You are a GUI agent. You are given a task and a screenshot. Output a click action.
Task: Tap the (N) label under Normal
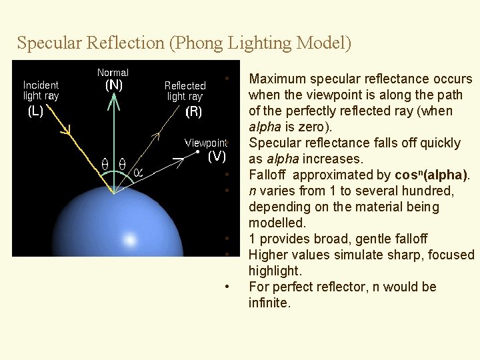[114, 85]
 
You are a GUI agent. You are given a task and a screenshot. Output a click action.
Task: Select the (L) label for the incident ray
[35, 111]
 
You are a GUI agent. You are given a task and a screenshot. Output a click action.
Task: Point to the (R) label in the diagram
[194, 112]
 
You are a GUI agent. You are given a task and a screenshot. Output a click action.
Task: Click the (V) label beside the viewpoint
[217, 157]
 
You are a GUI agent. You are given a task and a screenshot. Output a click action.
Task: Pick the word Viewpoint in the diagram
[206, 143]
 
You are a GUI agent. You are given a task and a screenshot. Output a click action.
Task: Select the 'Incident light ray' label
[41, 90]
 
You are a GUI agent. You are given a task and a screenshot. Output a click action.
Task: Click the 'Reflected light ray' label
[185, 91]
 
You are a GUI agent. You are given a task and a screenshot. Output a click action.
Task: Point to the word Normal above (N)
[113, 72]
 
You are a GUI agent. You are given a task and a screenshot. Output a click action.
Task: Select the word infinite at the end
[269, 303]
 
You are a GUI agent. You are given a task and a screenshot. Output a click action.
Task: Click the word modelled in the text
[277, 223]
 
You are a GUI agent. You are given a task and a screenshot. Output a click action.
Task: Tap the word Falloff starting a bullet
[267, 175]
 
